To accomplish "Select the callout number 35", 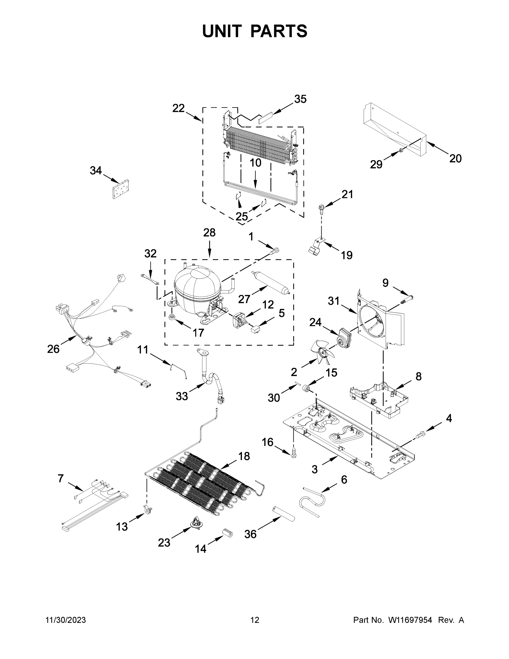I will (300, 99).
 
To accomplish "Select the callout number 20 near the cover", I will (455, 158).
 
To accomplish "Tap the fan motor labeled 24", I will (345, 336).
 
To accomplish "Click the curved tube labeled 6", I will (312, 502).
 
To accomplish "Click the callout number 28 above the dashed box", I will (209, 233).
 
